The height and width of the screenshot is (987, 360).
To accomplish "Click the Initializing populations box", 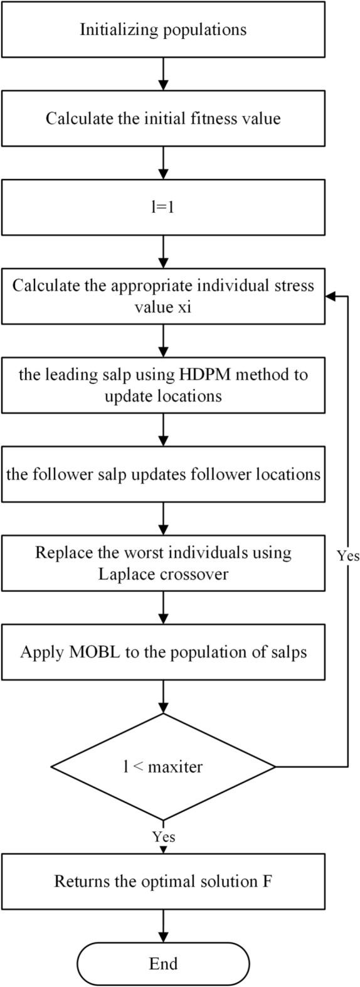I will (x=163, y=29).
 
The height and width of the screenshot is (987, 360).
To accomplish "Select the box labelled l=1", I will (x=163, y=207).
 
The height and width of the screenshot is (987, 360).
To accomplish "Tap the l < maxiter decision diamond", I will (x=163, y=766).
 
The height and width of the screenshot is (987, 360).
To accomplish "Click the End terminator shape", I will (x=163, y=964).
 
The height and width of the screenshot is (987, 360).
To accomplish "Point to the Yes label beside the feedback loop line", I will (x=348, y=556).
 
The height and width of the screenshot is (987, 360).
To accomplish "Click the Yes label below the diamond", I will (x=164, y=837).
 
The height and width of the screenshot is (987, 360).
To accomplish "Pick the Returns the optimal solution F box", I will (x=163, y=881).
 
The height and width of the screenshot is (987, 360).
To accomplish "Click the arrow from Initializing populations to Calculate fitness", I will (x=163, y=73).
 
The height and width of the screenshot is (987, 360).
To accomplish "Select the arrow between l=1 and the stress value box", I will (x=163, y=251).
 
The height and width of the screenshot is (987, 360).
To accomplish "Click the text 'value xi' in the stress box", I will (x=163, y=307).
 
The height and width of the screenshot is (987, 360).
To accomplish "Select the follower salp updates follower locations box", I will (x=163, y=474).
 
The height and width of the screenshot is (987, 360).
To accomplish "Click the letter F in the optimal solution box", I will (x=267, y=881).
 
